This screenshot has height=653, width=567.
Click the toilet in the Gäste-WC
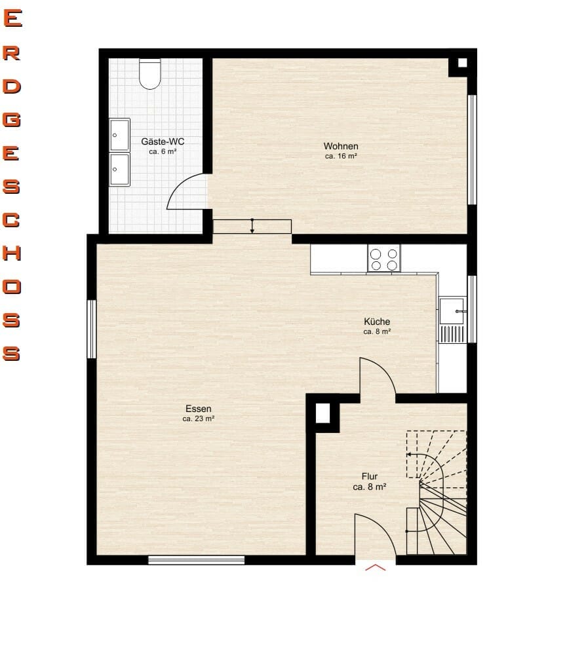tap(149, 74)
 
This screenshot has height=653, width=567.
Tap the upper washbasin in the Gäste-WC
tap(120, 135)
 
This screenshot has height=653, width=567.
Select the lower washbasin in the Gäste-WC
tap(120, 169)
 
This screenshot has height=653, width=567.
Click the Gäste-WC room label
tap(163, 141)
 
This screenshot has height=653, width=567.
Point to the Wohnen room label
tap(341, 146)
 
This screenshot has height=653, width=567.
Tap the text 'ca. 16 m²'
tap(341, 156)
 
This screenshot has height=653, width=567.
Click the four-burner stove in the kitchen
tap(384, 259)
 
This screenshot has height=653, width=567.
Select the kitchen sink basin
tap(452, 310)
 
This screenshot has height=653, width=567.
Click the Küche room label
tap(377, 322)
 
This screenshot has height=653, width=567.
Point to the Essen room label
tap(199, 409)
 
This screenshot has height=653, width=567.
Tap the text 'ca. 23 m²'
tap(199, 419)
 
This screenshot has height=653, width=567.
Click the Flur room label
tap(370, 476)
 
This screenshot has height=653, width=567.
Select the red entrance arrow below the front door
tap(376, 567)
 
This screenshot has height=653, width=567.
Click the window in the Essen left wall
tap(92, 329)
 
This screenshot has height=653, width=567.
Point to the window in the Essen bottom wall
tap(197, 560)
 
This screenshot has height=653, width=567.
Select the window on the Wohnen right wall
tap(472, 150)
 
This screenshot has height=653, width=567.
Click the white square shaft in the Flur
tap(323, 413)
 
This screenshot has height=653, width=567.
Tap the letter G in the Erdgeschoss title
tap(12, 119)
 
